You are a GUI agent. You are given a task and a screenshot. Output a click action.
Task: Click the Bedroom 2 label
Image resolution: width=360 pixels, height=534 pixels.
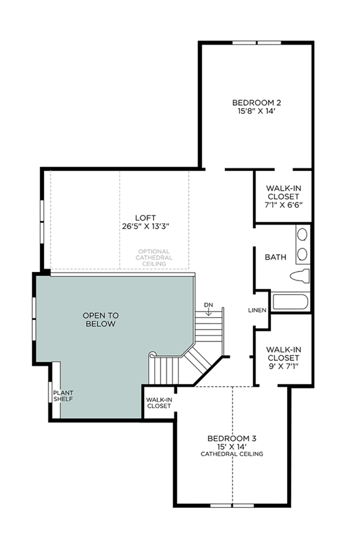click(x=256, y=102)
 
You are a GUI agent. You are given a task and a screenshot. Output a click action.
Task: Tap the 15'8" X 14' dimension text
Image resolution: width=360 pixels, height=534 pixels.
click(x=256, y=111)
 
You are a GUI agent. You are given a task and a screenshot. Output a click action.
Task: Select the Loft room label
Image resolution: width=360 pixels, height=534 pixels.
click(x=146, y=218)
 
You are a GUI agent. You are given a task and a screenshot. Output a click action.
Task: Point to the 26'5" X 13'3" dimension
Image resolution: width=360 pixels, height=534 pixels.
click(x=146, y=226)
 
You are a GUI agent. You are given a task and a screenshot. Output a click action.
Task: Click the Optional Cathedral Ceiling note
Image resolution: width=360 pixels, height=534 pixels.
click(x=153, y=257)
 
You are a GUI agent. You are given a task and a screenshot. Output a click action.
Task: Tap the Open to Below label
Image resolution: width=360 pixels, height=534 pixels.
click(x=100, y=320)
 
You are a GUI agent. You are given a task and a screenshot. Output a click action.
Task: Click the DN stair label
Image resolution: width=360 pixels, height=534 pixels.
click(x=209, y=305)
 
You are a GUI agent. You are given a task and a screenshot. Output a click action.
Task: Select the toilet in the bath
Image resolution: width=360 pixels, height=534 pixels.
click(x=300, y=275)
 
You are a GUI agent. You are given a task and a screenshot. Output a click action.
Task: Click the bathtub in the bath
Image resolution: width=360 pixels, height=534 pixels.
click(x=290, y=302)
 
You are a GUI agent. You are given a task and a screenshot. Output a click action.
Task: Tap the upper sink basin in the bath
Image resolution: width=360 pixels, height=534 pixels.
click(x=302, y=235)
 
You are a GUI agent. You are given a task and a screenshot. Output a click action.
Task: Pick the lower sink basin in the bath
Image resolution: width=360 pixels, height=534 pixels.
click(x=302, y=254)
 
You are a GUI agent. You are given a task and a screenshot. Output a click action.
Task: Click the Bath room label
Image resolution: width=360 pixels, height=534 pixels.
click(x=275, y=257)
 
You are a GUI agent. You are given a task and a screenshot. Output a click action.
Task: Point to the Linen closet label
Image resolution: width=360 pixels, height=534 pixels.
click(x=258, y=311)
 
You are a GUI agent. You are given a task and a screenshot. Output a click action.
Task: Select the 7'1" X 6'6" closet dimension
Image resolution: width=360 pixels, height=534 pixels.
click(x=284, y=205)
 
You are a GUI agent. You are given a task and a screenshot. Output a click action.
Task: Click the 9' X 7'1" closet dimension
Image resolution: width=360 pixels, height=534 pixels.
click(x=284, y=366)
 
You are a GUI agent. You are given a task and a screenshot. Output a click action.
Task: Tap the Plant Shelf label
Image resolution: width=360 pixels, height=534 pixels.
click(x=63, y=396)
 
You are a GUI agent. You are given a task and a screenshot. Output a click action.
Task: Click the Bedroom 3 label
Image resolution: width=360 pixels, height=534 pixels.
click(x=232, y=438)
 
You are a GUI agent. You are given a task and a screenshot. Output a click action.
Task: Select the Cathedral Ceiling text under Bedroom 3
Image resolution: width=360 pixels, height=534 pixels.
click(x=232, y=454)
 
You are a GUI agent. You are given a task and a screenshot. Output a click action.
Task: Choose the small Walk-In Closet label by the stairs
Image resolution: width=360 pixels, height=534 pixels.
click(x=159, y=403)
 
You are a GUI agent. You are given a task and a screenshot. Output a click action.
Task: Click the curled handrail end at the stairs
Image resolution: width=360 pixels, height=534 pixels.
click(x=152, y=354)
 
